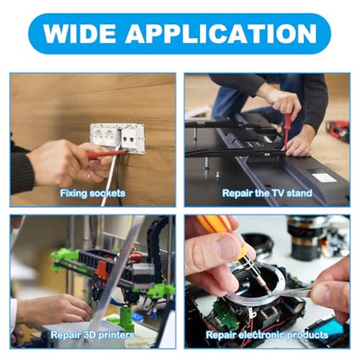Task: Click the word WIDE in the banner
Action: click(80, 33)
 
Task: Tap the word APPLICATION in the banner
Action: click(222, 33)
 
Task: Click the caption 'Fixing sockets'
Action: click(93, 193)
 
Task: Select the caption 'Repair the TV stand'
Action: click(267, 193)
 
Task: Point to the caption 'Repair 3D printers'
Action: click(93, 335)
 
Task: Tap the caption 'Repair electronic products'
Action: click(267, 335)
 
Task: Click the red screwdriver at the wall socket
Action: click(106, 153)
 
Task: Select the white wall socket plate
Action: click(117, 138)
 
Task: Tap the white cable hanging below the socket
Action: click(109, 179)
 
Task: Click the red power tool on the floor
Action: click(337, 130)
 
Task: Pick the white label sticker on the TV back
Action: click(325, 178)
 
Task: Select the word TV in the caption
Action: click(278, 193)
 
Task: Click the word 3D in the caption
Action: click(89, 335)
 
